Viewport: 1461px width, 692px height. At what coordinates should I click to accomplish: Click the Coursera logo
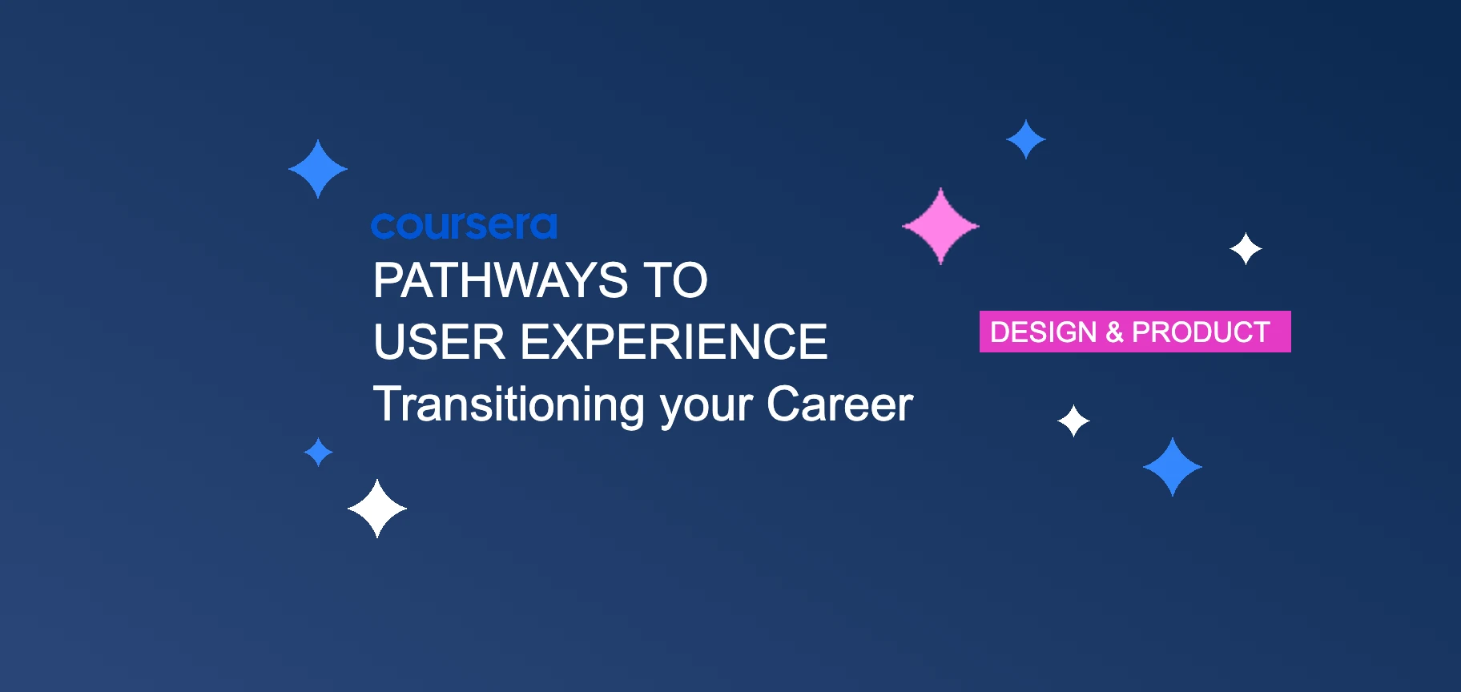coord(464,226)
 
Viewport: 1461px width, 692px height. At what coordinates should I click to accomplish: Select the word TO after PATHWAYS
coord(676,281)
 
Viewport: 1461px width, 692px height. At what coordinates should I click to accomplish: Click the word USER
coord(439,343)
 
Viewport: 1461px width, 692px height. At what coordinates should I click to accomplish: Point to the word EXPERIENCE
coord(674,343)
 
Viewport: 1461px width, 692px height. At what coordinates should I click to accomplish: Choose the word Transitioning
coord(509,404)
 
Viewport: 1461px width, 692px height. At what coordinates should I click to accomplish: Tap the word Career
coord(839,404)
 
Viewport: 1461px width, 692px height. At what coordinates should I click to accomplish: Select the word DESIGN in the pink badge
coord(1043,332)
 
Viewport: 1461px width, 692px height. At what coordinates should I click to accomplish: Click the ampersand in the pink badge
coord(1114,332)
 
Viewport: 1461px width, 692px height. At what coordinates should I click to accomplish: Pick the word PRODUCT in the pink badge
coord(1201,332)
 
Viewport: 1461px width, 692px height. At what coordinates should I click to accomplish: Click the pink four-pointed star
coord(940,226)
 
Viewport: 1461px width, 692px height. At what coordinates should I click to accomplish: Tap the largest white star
coord(377,509)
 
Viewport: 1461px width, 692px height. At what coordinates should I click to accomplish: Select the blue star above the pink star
coord(1026,139)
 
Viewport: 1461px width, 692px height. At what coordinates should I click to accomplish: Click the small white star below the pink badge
coord(1073,420)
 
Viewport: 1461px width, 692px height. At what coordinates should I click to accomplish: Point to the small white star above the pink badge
coord(1246,249)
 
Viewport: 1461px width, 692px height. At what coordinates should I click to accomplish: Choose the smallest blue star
coord(319,452)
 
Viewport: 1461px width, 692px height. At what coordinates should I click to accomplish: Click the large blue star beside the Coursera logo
coord(318,169)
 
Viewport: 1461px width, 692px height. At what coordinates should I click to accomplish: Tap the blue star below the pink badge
coord(1173,467)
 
